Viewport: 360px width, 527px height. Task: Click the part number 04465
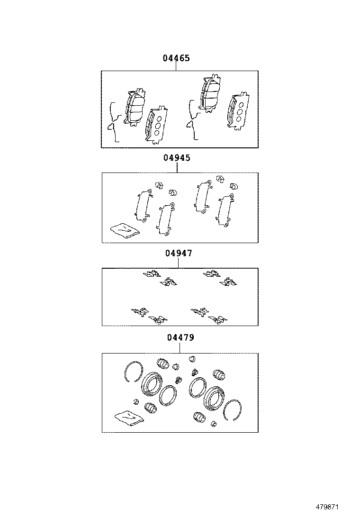pos(176,58)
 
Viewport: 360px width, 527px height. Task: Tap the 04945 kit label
pos(177,157)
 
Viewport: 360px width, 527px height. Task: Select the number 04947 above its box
pos(179,253)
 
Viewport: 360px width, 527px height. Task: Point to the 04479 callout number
pos(180,337)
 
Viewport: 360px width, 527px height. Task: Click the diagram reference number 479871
pos(327,507)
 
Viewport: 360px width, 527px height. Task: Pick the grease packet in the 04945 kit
pos(125,230)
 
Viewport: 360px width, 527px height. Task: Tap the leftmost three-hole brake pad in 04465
pos(156,125)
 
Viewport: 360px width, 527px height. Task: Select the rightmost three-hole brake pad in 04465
pos(238,110)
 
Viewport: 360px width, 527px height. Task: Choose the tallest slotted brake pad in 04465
pos(210,93)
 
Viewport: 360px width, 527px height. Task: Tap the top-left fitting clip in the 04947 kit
pos(152,274)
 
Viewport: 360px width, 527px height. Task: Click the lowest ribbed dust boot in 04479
pos(199,418)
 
